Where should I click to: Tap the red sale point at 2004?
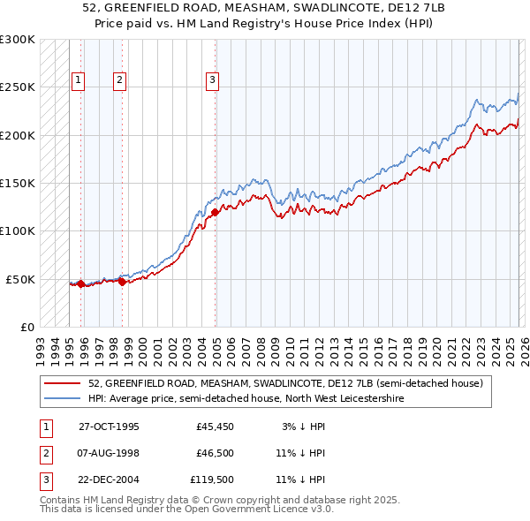(216, 212)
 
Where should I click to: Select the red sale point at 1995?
(80, 283)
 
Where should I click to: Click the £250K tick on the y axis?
(18, 87)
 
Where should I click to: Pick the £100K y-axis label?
(18, 230)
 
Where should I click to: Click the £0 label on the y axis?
(25, 327)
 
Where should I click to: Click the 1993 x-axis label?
(41, 344)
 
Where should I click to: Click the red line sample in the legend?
(63, 384)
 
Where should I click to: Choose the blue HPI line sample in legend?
(63, 399)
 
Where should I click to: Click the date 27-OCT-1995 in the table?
(109, 427)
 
